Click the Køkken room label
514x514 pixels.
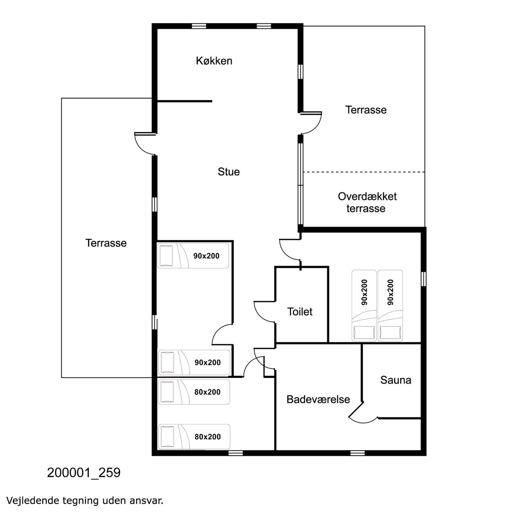point(214,61)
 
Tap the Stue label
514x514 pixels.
point(229,172)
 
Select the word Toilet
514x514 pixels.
point(300,312)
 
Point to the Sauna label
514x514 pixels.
point(396,380)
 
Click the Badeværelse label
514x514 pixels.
point(318,399)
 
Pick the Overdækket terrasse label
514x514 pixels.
point(367,202)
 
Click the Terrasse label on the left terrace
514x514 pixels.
point(106,243)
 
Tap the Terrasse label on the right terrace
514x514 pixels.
point(366,110)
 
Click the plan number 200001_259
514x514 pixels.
point(84,473)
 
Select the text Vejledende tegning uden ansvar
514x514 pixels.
point(85,500)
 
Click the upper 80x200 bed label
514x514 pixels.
point(207,392)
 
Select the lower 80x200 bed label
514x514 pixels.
point(207,437)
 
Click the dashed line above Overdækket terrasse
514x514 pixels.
point(364,172)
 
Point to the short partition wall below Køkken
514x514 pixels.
point(185,101)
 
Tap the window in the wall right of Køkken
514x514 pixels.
point(301,72)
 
